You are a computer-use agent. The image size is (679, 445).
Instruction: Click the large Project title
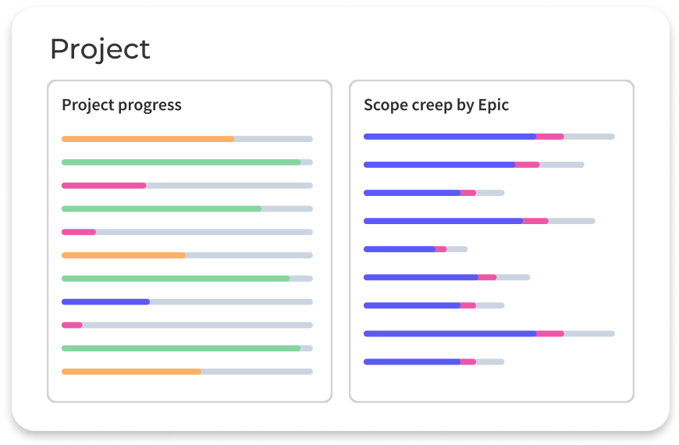100,49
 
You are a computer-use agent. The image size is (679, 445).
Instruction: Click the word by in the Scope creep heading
467,105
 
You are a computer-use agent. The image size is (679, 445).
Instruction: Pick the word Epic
494,105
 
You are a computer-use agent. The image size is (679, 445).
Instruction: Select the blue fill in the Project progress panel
105,301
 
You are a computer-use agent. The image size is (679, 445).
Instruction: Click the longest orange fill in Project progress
148,139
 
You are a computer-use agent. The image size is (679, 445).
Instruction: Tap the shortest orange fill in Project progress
123,255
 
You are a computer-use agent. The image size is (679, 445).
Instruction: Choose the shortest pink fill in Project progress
72,325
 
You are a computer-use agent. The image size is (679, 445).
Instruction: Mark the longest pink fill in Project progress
104,185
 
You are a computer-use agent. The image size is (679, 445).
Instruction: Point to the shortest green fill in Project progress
162,208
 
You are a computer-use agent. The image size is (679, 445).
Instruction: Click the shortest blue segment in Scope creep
399,249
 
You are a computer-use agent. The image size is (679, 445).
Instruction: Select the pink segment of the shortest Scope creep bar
440,249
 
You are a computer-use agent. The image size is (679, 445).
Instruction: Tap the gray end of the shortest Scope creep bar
457,249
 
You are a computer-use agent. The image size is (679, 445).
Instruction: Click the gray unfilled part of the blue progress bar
230,301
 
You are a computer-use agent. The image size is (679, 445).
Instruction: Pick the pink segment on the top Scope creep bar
549,137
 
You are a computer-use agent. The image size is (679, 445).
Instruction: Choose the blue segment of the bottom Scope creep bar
411,361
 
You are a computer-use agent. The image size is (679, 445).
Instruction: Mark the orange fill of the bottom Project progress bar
131,372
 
